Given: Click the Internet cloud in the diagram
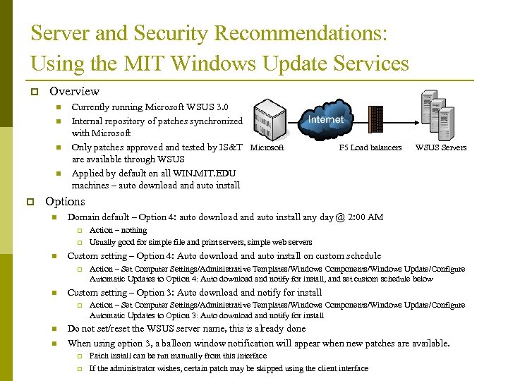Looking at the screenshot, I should [x=326, y=119].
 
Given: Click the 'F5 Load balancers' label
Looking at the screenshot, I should [x=370, y=147].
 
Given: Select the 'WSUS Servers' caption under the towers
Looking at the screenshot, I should [x=441, y=147].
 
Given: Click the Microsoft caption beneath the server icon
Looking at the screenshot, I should [x=267, y=147].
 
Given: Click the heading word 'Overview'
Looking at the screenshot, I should [x=74, y=91].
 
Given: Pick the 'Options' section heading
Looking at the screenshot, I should [x=65, y=201].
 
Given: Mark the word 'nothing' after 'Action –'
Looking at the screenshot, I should [x=133, y=230].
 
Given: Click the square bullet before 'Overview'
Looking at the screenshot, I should [x=34, y=92].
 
